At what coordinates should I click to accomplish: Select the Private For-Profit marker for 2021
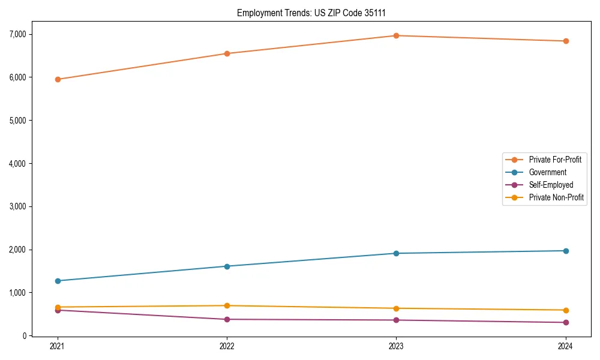pos(58,79)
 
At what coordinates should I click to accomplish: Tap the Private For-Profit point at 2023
pos(396,35)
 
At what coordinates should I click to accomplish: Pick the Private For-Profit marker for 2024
pos(565,41)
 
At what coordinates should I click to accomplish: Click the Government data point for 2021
pos(58,281)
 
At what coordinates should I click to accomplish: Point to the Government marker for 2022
pos(227,266)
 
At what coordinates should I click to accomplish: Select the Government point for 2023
pos(396,253)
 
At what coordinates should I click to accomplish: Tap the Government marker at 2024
pos(565,251)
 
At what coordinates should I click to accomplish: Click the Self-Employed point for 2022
pos(227,319)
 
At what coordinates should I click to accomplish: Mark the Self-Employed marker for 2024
pos(565,323)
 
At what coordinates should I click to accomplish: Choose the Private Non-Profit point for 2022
pos(227,306)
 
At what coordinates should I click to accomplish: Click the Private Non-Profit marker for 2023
pos(396,308)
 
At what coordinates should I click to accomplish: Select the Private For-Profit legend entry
pos(554,160)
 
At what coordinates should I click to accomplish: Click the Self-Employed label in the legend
pos(551,185)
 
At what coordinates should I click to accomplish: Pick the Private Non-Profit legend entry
pos(556,197)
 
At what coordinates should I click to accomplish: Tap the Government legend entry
pos(547,172)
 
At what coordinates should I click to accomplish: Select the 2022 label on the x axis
pos(227,346)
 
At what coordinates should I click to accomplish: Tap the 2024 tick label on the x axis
pos(565,346)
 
